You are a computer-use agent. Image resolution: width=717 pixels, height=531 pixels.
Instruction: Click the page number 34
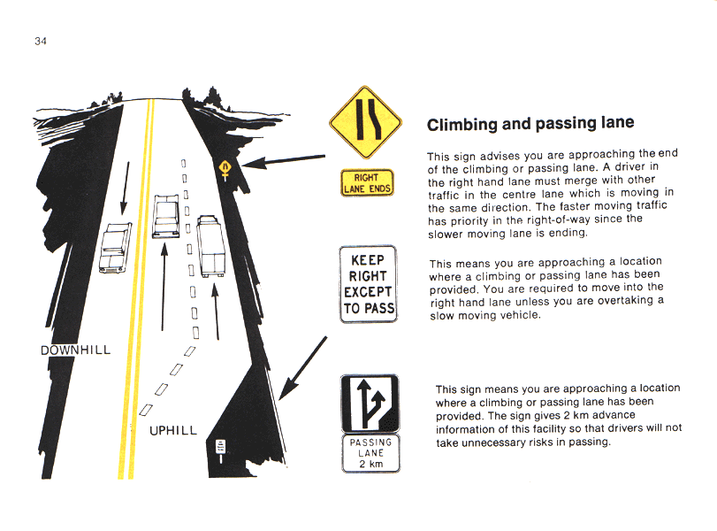[x=41, y=42]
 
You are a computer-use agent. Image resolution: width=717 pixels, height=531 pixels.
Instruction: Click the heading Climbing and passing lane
[x=530, y=124]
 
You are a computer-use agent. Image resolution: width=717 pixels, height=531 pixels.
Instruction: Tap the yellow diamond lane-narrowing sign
[x=365, y=122]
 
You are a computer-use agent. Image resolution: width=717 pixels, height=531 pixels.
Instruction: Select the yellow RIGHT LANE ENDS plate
[x=367, y=183]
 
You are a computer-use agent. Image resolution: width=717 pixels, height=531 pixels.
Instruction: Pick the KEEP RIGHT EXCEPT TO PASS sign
[x=368, y=284]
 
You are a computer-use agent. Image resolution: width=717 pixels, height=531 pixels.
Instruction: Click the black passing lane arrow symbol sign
[x=370, y=404]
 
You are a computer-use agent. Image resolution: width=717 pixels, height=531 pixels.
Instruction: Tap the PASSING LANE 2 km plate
[x=370, y=453]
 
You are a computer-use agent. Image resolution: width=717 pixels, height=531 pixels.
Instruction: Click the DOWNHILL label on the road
[x=75, y=350]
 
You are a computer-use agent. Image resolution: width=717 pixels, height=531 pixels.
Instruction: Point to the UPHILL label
[x=173, y=430]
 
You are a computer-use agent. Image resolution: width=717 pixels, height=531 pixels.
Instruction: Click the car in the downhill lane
[x=115, y=248]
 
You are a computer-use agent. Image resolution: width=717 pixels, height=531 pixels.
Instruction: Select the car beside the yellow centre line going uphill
[x=165, y=216]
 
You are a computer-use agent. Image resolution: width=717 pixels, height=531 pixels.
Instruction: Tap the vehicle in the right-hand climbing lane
[x=210, y=246]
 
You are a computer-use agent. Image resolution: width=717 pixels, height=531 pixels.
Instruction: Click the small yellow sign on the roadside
[x=225, y=170]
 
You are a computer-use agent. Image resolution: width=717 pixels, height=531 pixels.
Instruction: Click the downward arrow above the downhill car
[x=126, y=189]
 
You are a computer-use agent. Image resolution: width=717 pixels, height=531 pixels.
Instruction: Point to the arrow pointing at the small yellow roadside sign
[x=284, y=161]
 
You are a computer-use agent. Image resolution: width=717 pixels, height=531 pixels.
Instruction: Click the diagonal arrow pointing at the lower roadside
[x=302, y=368]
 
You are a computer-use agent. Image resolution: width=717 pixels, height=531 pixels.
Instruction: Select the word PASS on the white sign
[x=379, y=309]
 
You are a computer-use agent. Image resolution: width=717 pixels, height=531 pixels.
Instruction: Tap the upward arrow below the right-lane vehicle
[x=216, y=312]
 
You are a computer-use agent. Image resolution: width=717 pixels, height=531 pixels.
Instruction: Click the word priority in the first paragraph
[x=469, y=221]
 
